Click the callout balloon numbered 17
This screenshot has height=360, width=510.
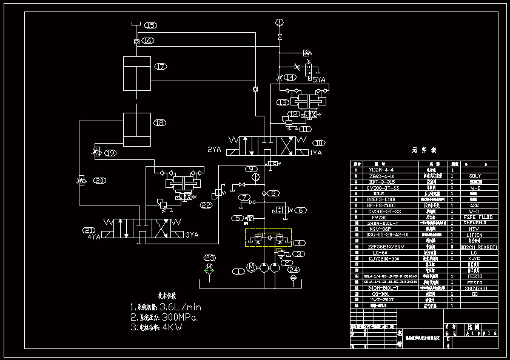[160, 67]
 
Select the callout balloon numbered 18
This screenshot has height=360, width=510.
[159, 123]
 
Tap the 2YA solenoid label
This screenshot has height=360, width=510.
[214, 149]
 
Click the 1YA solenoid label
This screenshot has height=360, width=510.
[316, 153]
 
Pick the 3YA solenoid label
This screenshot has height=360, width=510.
[192, 235]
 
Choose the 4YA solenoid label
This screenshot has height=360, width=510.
[93, 237]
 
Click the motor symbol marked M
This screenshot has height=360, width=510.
[252, 267]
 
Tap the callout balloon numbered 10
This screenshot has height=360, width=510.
[319, 143]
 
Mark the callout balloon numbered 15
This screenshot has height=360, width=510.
[150, 25]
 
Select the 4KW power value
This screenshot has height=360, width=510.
[171, 327]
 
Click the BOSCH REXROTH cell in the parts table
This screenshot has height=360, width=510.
[479, 247]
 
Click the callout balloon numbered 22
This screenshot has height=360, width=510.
[207, 205]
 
